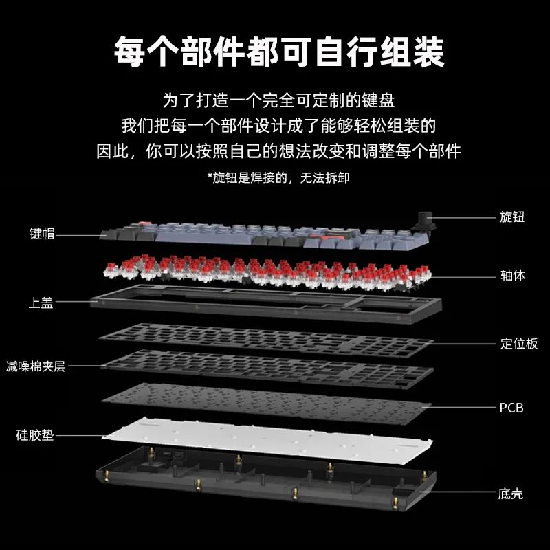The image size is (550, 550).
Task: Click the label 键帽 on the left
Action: tap(42, 234)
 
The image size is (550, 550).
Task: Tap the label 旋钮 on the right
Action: tap(511, 217)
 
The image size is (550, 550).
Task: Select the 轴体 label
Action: tap(512, 276)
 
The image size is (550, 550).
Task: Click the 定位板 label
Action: tap(518, 344)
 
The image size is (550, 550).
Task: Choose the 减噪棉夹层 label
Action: tap(35, 366)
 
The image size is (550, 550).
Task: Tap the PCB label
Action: tap(511, 408)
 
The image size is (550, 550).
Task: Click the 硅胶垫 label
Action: tap(35, 435)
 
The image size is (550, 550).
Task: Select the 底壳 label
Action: tap(511, 493)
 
